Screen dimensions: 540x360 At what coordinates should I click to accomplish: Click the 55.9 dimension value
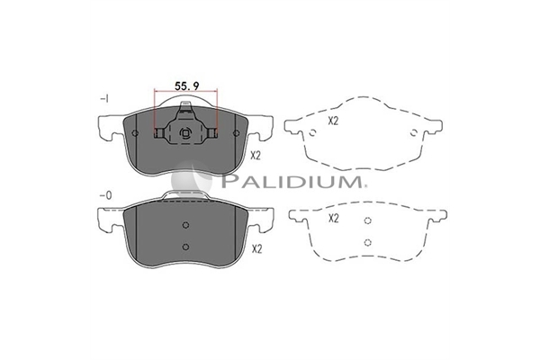[x=186, y=85]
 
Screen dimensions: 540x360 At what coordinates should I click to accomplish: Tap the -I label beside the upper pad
[x=104, y=99]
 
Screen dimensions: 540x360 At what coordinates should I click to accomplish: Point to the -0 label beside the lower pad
[x=105, y=195]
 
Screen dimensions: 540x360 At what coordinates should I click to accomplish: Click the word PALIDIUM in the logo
[x=292, y=181]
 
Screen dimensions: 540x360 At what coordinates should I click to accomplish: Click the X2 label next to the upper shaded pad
[x=256, y=156]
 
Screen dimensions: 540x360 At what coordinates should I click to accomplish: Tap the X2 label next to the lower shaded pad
[x=256, y=248]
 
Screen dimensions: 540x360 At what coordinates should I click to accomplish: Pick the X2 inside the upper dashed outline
[x=333, y=121]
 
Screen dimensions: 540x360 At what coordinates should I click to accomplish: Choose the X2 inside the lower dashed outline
[x=334, y=218]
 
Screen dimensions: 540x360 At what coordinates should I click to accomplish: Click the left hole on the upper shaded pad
[x=135, y=133]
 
